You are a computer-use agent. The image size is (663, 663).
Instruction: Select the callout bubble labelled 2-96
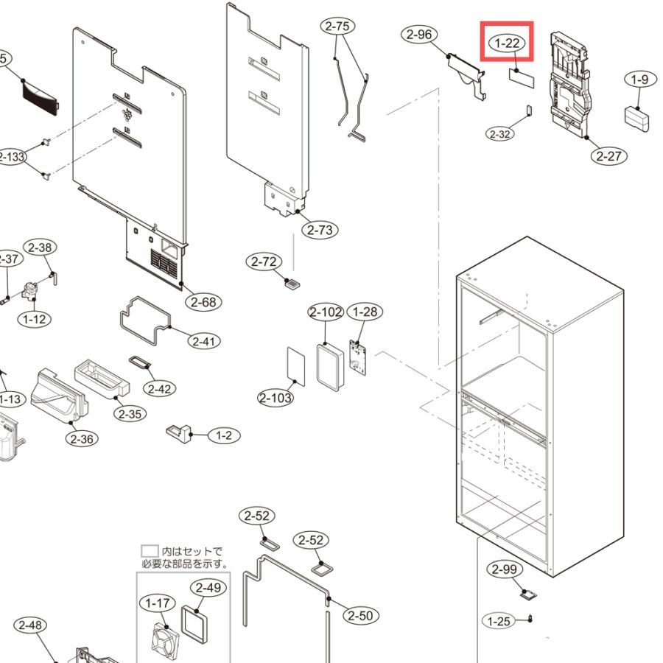[x=419, y=34]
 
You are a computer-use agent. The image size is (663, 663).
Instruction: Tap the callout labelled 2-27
[x=608, y=155]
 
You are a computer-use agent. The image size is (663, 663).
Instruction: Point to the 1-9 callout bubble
[x=639, y=79]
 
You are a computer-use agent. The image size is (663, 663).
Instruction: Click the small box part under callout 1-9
[x=637, y=118]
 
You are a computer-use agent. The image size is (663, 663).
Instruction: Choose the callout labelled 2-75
[x=337, y=27]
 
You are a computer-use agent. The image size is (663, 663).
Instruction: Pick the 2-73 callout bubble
[x=320, y=230]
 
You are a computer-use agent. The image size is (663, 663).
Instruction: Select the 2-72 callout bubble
[x=263, y=262]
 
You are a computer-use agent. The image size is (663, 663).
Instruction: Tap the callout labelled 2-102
[x=326, y=312]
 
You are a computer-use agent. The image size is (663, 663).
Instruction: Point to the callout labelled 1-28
[x=365, y=312]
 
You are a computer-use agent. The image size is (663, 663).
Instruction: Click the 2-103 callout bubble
[x=276, y=398]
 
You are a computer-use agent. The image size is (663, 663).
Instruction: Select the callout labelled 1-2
[x=223, y=435]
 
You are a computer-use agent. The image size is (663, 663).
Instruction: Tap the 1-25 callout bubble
[x=499, y=622]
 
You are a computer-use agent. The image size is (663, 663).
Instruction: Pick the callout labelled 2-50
[x=359, y=616]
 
